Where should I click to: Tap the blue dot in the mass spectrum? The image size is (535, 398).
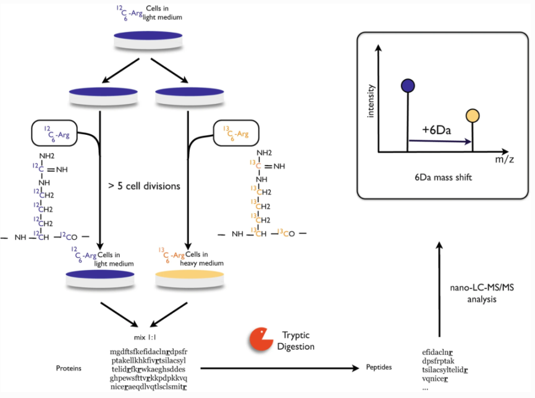tap(407, 85)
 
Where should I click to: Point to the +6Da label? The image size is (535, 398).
tap(436, 132)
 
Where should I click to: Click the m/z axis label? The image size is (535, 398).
tap(502, 160)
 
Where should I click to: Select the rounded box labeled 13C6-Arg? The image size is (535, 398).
tap(236, 133)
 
